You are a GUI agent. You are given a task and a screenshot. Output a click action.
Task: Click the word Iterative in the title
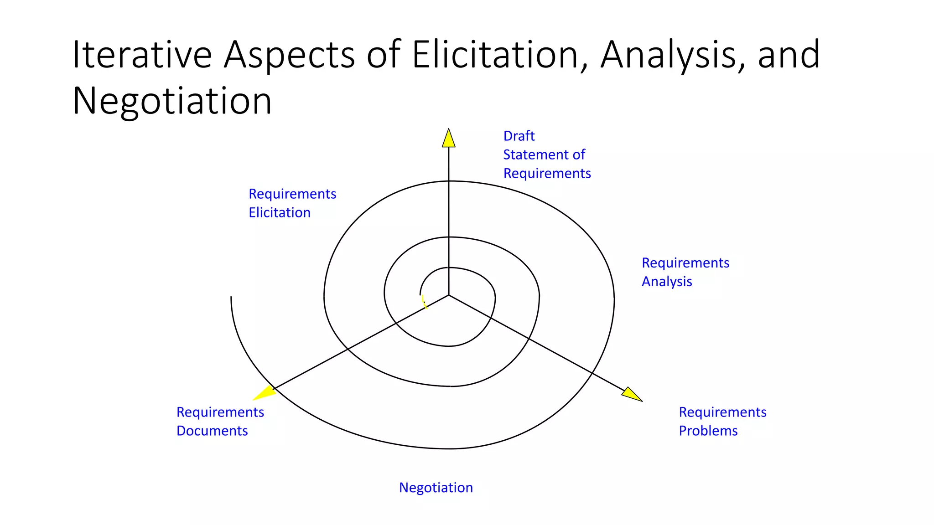142,55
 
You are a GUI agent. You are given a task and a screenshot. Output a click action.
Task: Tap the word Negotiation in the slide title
172,101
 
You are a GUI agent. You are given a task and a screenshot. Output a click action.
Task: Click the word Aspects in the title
289,56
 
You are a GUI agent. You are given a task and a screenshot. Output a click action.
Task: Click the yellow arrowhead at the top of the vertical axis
449,138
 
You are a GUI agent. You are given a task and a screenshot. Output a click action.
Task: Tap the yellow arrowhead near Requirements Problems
631,394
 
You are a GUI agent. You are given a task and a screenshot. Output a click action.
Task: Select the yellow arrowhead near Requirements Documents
265,392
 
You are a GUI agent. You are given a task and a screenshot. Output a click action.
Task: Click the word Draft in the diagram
519,136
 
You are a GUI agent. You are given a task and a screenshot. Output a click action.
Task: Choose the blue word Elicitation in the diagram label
280,212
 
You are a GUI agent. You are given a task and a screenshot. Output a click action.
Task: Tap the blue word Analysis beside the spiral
667,282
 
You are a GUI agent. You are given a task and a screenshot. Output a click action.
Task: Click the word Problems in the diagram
708,431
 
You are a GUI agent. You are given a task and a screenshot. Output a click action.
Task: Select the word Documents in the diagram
212,431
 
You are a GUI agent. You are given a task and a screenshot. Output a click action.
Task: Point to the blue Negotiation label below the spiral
436,488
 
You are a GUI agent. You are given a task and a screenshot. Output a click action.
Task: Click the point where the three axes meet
449,295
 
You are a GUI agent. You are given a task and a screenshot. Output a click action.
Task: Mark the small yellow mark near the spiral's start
424,301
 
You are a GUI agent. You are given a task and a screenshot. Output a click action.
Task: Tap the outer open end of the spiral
231,298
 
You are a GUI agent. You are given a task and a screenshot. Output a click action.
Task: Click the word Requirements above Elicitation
292,194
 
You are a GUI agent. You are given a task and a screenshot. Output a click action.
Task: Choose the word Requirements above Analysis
685,263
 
